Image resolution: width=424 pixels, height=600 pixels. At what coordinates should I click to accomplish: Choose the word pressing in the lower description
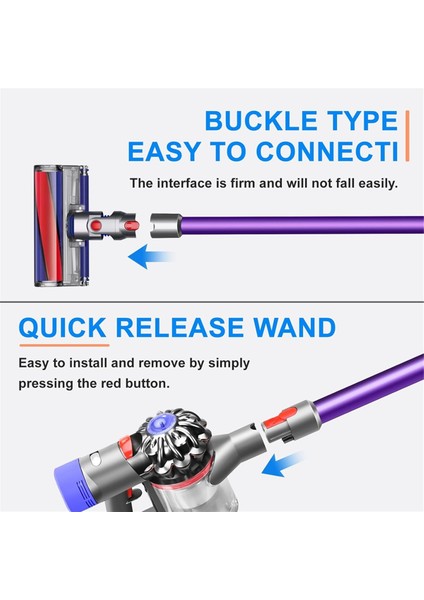click(51, 384)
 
